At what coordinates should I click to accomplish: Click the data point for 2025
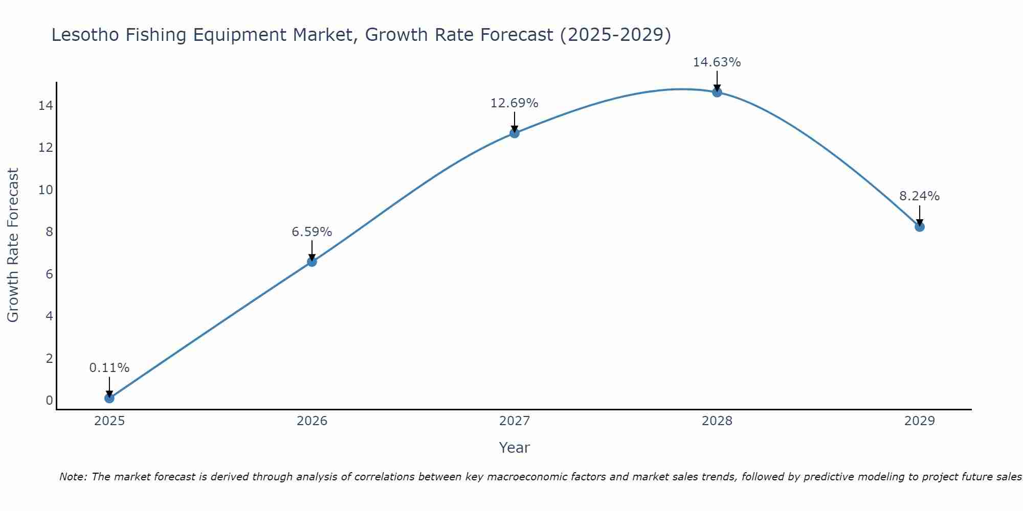click(109, 398)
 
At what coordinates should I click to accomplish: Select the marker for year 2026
click(312, 262)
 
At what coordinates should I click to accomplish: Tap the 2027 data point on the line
click(514, 133)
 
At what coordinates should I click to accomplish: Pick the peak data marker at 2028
click(717, 92)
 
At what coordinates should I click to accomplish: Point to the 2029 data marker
click(919, 226)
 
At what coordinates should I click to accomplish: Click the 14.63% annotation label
click(717, 62)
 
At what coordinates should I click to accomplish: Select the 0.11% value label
click(109, 368)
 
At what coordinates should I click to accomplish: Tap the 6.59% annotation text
click(312, 232)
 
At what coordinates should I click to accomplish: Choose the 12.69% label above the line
click(514, 103)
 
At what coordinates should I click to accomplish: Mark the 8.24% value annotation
click(919, 196)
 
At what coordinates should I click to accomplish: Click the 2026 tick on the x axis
click(312, 421)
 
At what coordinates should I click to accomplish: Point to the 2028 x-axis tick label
click(717, 421)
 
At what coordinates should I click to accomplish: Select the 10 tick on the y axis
click(46, 190)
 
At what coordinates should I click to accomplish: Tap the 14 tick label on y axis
click(46, 106)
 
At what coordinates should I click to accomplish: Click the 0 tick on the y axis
click(49, 400)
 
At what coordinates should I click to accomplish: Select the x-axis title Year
click(514, 448)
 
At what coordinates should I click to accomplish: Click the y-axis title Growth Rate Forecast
click(13, 245)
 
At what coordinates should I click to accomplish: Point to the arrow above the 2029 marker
click(919, 215)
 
